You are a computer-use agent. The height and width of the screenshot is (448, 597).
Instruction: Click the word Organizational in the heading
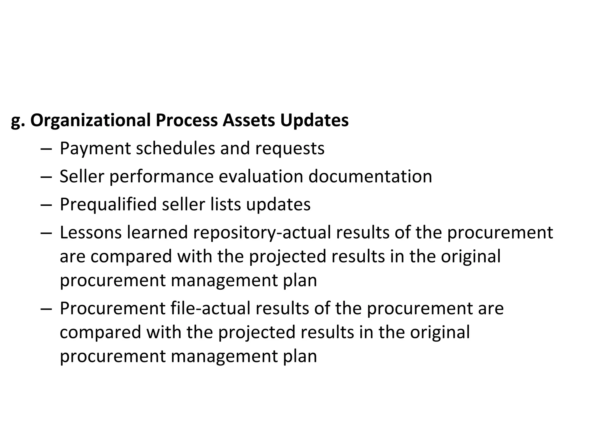(90, 120)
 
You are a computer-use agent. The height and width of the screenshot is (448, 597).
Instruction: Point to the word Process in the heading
(187, 120)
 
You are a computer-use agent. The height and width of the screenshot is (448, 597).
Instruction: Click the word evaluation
(261, 176)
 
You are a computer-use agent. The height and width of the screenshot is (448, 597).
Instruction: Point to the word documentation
(370, 176)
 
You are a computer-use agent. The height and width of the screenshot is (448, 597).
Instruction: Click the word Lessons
(91, 232)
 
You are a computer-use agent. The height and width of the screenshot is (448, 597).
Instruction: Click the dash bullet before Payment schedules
(46, 149)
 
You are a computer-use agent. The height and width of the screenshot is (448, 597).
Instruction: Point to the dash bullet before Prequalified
(46, 205)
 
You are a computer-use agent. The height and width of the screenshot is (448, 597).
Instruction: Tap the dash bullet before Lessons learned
(46, 233)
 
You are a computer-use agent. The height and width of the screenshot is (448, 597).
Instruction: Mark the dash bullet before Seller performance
(46, 177)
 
